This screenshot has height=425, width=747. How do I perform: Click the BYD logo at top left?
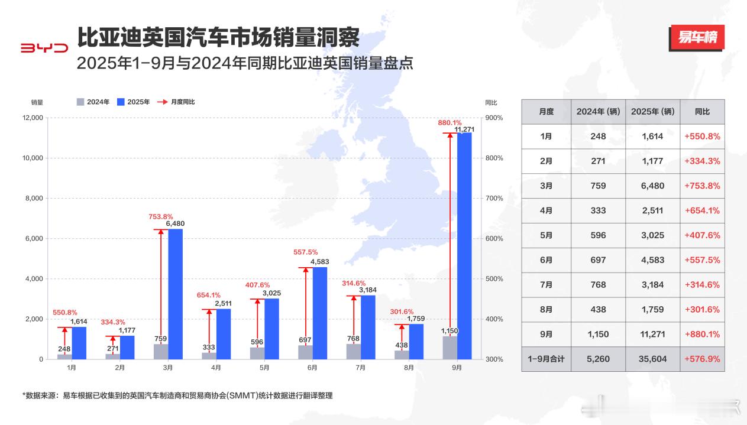44,48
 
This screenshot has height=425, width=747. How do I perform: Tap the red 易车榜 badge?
697,38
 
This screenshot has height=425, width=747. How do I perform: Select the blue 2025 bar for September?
464,246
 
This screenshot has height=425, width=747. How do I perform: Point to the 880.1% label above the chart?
450,123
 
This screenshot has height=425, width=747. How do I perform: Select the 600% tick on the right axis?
494,239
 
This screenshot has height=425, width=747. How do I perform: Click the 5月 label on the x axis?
264,368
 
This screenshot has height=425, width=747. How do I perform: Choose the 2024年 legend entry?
93,102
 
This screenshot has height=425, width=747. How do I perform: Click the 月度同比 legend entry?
176,102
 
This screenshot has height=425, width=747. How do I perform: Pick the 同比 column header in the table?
702,112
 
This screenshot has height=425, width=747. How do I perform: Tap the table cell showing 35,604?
652,359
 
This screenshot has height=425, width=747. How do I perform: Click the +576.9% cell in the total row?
702,359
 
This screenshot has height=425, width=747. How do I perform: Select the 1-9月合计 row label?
546,359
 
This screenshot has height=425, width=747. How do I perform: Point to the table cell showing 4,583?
652,260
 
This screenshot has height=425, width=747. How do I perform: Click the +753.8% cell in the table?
702,186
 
